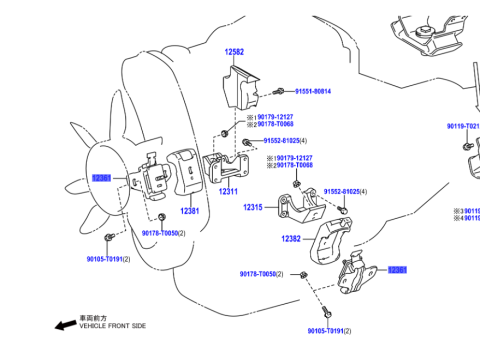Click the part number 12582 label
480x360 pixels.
coord(234,51)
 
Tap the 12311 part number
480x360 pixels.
coord(229,192)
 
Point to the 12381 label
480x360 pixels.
coord(190,211)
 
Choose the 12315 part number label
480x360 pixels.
coord(252,207)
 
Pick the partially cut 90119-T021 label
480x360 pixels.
coord(463,126)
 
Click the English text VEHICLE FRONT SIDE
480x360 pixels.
coord(113,327)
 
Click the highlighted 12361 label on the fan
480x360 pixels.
coord(102,177)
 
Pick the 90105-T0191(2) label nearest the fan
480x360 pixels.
coord(108,258)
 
